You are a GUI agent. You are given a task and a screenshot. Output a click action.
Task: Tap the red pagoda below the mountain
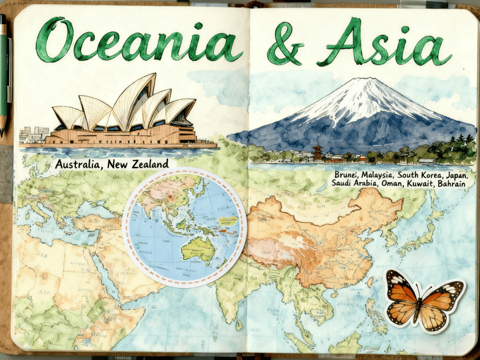[318, 152]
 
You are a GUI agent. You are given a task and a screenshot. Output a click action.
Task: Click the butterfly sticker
[424, 300]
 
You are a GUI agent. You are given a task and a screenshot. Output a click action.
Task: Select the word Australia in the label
[79, 165]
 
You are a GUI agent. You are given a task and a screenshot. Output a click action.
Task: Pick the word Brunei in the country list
[346, 175]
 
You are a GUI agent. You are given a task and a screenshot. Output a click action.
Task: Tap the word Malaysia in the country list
[378, 175]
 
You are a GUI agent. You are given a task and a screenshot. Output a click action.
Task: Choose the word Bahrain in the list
[451, 184]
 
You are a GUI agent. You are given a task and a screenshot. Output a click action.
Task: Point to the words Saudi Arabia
[354, 184]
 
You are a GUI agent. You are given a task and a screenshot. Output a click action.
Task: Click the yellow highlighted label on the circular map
[228, 220]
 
